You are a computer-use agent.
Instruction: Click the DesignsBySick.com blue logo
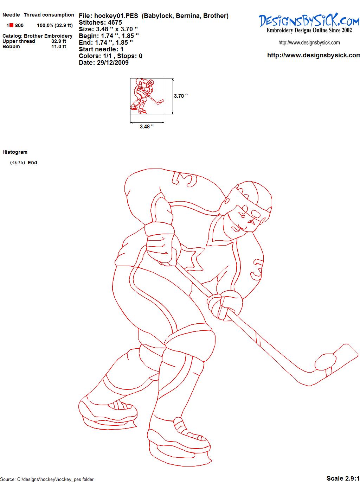[309, 20]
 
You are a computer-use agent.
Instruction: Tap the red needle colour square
[11, 25]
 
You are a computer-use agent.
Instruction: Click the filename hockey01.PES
[116, 16]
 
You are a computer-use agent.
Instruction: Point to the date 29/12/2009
[113, 63]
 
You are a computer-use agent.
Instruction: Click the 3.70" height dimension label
[181, 96]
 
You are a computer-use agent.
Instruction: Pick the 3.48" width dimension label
[147, 127]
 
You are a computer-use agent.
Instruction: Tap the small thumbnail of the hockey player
[147, 96]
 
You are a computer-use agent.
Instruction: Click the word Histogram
[15, 152]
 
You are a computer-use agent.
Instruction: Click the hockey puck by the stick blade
[325, 362]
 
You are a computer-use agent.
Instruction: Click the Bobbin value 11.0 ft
[59, 46]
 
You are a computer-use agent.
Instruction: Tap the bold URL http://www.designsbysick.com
[314, 55]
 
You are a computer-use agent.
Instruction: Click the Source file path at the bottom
[47, 479]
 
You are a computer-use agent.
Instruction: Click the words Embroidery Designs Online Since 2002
[309, 30]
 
